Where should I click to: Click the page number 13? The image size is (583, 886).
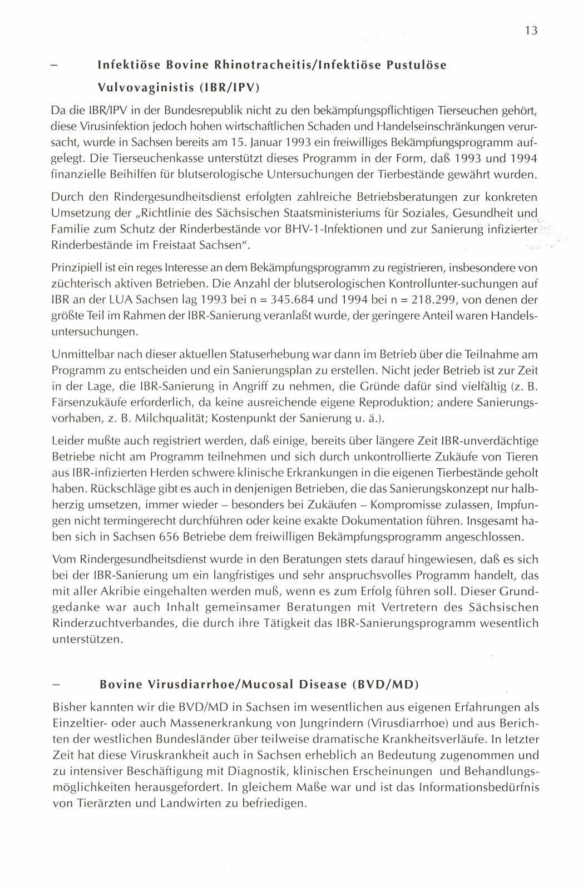coord(531,31)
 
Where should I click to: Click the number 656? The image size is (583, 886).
coord(170,538)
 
